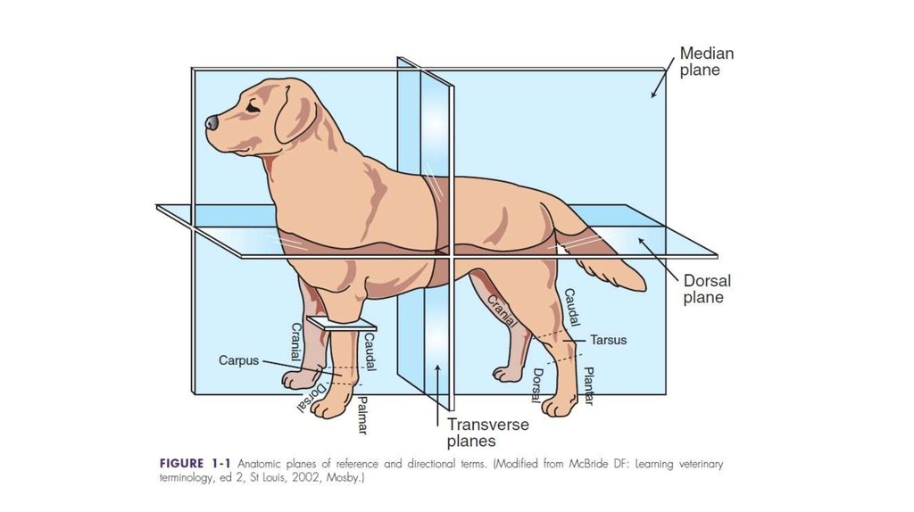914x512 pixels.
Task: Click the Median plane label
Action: pos(707,62)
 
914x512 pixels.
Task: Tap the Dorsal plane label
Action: pos(707,289)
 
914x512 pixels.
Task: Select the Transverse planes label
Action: pos(488,433)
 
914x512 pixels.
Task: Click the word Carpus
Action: pos(238,360)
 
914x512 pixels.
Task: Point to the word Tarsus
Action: pos(608,340)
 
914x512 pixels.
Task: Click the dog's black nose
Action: pos(212,122)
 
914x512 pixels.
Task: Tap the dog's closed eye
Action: pos(253,107)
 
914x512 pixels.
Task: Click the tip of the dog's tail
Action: pos(644,286)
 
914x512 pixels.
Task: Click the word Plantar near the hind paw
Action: pos(589,385)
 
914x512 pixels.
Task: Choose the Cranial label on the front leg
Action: pos(296,342)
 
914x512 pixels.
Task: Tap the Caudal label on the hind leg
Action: pos(571,308)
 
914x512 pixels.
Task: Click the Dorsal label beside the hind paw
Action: pos(536,385)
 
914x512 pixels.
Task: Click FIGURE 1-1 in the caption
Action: pos(195,464)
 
